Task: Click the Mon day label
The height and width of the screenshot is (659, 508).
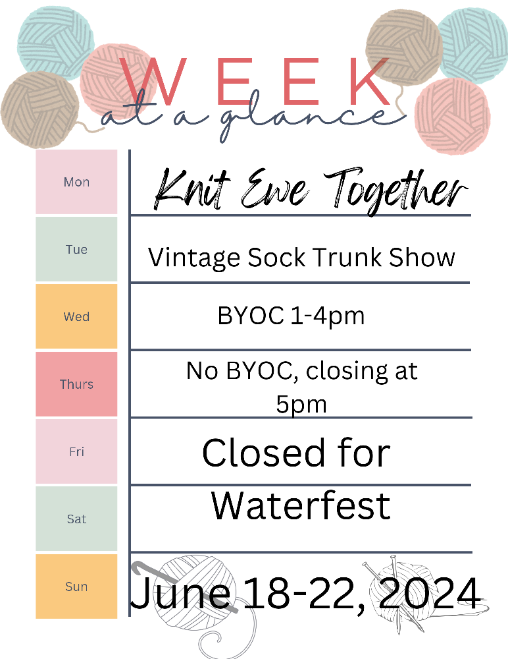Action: pos(76,182)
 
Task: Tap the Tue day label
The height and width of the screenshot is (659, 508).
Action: pos(76,249)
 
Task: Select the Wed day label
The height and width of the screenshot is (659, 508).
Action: pos(76,316)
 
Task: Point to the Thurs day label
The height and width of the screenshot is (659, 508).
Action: pos(76,384)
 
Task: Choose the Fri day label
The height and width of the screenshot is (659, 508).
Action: pos(76,451)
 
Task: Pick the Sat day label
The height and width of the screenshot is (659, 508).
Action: pos(76,519)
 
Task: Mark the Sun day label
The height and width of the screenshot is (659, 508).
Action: pos(76,587)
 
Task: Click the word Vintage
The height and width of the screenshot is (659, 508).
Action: pos(194,258)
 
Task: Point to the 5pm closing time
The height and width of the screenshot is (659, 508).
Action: pos(301,405)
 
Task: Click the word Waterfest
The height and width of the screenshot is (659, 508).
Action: pos(301,505)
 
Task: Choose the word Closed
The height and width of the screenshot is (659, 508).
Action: pos(264,453)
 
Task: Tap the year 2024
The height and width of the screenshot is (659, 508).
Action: pos(428,593)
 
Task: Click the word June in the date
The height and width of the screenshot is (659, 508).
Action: pos(180,593)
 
